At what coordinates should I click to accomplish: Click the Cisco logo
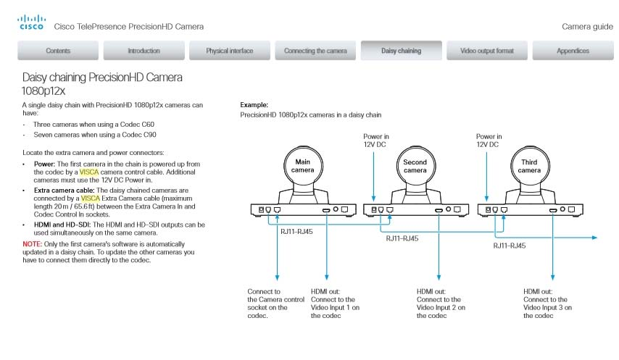click(x=30, y=22)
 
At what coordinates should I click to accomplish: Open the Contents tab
click(x=58, y=51)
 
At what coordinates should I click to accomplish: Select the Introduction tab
click(x=144, y=51)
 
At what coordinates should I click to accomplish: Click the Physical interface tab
click(x=229, y=51)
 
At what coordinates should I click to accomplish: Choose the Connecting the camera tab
click(x=315, y=51)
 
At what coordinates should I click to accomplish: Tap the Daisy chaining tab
click(x=401, y=51)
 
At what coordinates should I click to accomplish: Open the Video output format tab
click(x=486, y=51)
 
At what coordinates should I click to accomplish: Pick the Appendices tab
click(x=573, y=51)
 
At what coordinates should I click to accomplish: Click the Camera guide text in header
click(x=587, y=27)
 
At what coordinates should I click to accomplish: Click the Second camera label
click(x=415, y=166)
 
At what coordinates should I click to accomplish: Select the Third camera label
click(x=529, y=166)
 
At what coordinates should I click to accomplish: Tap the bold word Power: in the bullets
click(x=45, y=164)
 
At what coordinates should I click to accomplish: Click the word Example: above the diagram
click(x=254, y=105)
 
